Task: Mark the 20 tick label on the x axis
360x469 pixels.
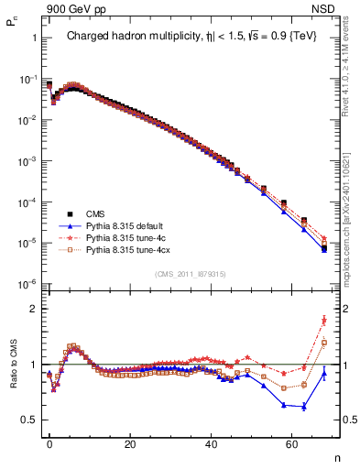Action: (x=130, y=443)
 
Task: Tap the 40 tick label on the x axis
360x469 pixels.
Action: (x=211, y=443)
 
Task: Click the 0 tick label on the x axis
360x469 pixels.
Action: (x=49, y=443)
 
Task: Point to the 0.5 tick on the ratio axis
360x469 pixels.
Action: (x=27, y=420)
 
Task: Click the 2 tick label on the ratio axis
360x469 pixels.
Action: (x=32, y=309)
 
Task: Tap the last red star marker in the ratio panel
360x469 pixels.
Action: (x=324, y=320)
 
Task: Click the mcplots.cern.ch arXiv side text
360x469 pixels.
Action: (x=351, y=211)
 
